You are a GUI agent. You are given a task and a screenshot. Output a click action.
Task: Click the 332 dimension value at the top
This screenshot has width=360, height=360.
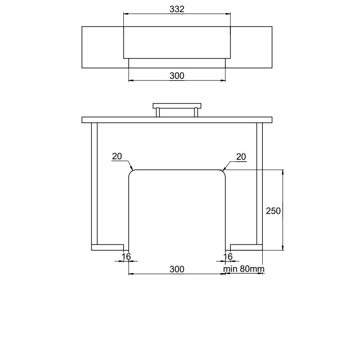pyautogui.click(x=177, y=9)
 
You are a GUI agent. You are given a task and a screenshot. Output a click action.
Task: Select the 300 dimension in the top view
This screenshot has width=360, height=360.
pyautogui.click(x=177, y=76)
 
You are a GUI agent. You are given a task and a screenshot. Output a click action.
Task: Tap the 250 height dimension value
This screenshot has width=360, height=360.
pyautogui.click(x=273, y=211)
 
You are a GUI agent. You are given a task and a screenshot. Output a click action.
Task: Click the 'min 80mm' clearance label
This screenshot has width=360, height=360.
pyautogui.click(x=243, y=269)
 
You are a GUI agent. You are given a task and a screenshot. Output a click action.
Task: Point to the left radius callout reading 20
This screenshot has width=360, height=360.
pyautogui.click(x=117, y=156)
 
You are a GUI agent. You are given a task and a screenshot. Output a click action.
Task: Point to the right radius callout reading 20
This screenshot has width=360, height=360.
pyautogui.click(x=241, y=157)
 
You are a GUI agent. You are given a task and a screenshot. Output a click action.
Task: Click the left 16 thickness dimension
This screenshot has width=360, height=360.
pyautogui.click(x=126, y=256)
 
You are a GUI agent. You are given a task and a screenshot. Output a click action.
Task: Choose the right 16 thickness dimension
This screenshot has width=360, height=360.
pyautogui.click(x=228, y=256)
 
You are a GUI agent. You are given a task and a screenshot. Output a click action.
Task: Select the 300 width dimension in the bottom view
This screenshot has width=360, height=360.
pyautogui.click(x=177, y=269)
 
